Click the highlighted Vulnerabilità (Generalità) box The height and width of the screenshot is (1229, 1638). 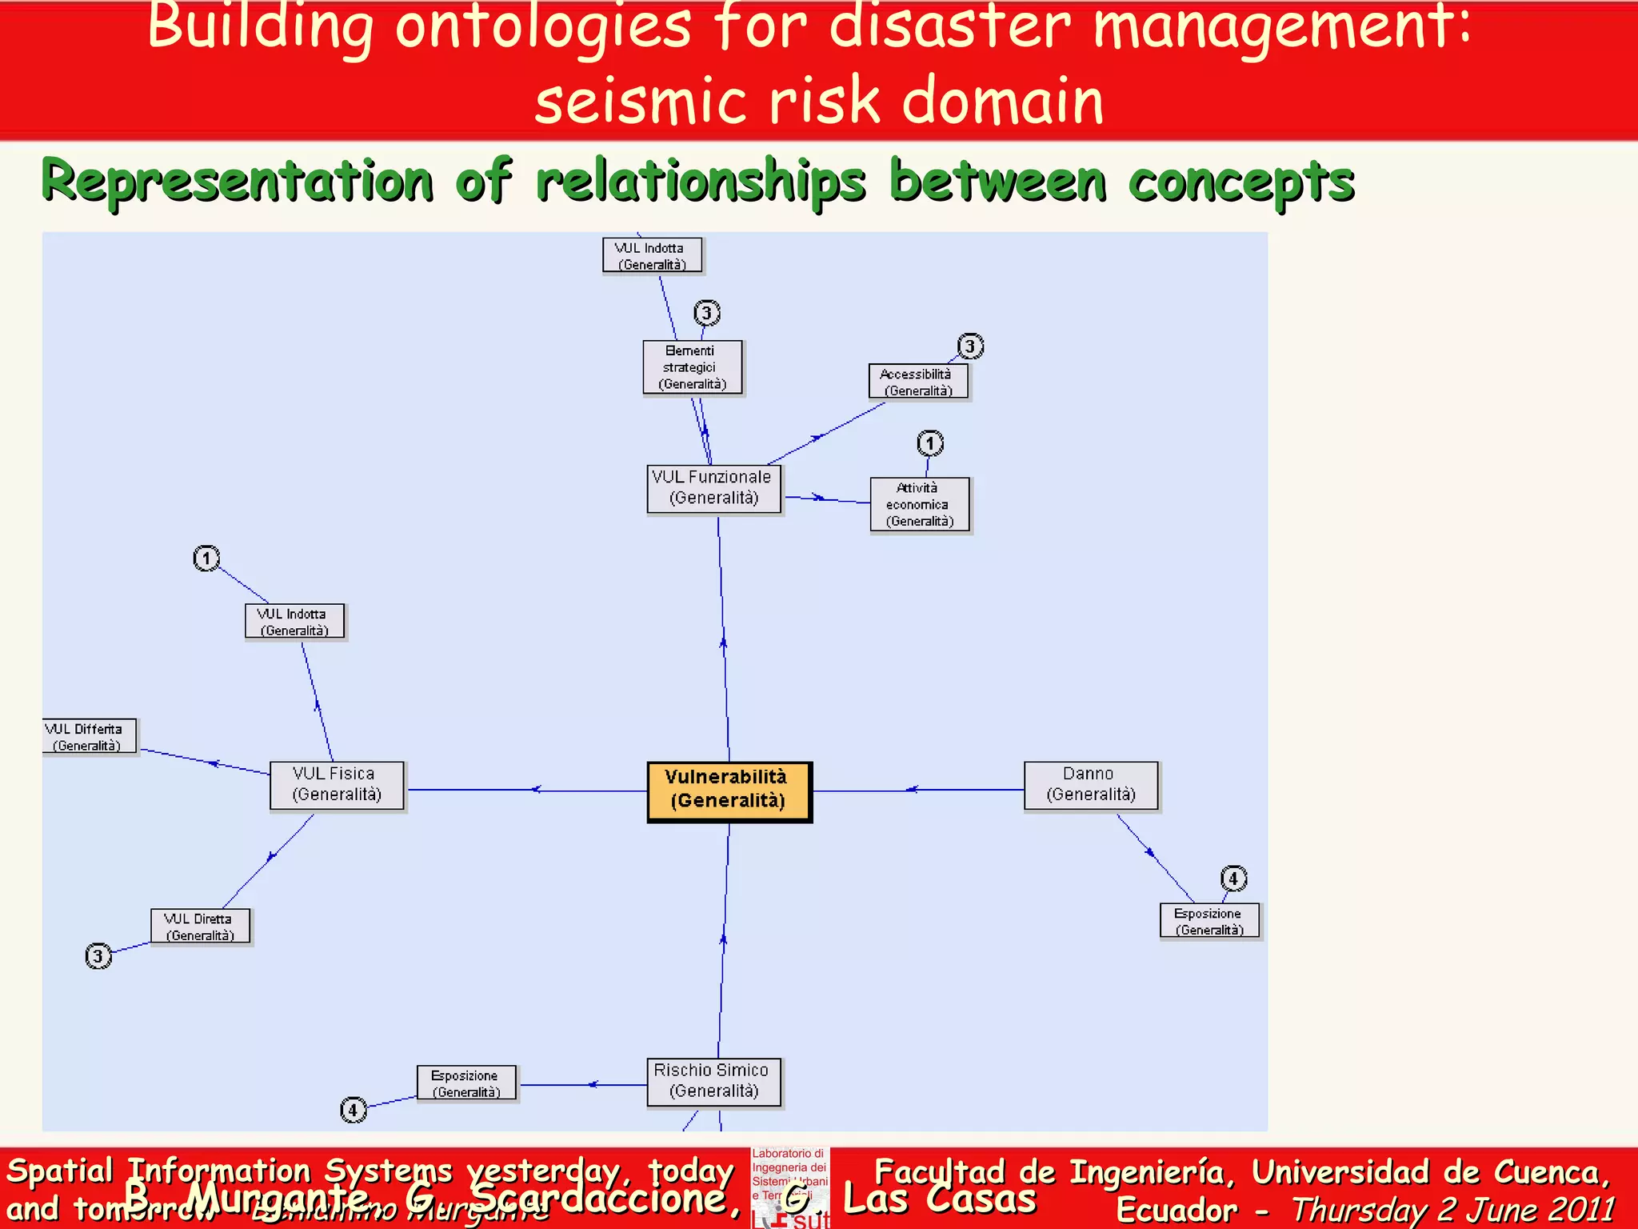pos(729,791)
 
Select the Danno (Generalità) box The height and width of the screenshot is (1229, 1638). pos(1090,786)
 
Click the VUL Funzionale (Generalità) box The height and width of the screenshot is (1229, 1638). pos(713,488)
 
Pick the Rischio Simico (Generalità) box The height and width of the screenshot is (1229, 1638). pos(713,1082)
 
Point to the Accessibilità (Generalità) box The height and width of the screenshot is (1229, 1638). pos(918,382)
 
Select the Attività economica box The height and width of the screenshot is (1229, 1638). pos(920,504)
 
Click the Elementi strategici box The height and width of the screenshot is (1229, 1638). pos(693,367)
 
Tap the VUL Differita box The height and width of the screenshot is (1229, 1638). pos(88,736)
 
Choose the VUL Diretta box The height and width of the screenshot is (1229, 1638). pos(200,927)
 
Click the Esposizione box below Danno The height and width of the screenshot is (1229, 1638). pos(1209,921)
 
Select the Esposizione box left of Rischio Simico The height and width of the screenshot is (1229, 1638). pos(466,1083)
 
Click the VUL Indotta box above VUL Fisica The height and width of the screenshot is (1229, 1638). pos(294,622)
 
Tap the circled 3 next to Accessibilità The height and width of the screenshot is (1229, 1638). pos(970,346)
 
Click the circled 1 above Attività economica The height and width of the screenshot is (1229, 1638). pos(929,442)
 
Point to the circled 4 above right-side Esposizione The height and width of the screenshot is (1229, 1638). pos(1233,879)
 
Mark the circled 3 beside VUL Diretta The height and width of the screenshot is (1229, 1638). pos(98,955)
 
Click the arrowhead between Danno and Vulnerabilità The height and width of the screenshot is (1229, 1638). pos(912,790)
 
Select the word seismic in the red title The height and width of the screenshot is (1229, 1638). pos(640,102)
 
